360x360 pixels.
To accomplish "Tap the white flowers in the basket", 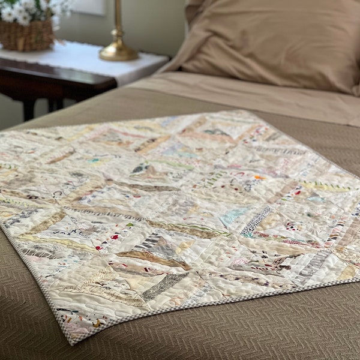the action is [24, 12].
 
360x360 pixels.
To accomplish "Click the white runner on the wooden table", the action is [90, 60].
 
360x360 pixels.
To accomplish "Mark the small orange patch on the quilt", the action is [259, 178].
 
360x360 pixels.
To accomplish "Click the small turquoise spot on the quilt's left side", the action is [93, 160].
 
